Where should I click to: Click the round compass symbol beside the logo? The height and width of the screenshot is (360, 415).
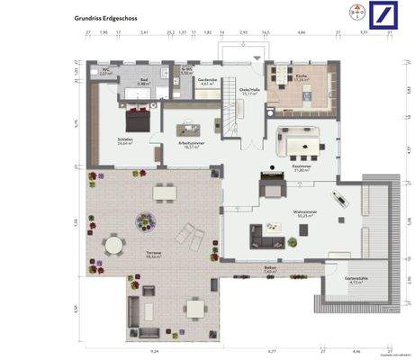pos(355,15)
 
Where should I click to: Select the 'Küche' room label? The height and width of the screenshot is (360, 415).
pos(302,77)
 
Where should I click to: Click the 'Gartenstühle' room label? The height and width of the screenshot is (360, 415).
pos(357,280)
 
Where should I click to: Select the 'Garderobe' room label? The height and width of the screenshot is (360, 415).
pos(208,80)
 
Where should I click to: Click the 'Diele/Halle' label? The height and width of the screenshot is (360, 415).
pos(249,90)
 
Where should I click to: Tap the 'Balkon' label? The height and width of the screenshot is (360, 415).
pos(270,267)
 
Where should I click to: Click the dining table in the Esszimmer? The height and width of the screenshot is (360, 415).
pos(301,139)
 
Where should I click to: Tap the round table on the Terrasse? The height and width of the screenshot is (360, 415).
pos(113,244)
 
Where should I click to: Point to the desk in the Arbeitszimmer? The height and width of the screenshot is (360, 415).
pos(191,128)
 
